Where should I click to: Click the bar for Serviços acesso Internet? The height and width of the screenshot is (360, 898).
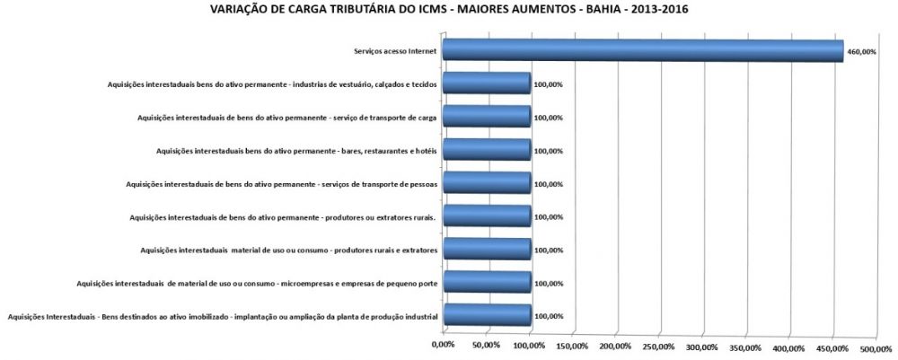[x=642, y=51]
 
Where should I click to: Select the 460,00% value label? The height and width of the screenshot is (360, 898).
[x=861, y=52]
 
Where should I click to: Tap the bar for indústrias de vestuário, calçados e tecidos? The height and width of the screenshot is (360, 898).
[x=487, y=84]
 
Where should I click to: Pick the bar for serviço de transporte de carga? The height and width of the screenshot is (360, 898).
[x=487, y=118]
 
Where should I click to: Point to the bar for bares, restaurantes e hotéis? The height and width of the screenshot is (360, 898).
[x=487, y=151]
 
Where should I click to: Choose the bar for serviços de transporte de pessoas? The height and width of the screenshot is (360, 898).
[x=487, y=184]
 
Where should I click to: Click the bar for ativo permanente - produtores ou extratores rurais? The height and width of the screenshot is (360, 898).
[x=487, y=217]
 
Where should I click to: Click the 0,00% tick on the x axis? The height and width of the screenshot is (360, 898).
[x=443, y=345]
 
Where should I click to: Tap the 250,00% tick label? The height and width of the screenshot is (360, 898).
[x=658, y=347]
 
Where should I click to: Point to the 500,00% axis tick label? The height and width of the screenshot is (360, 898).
[x=876, y=347]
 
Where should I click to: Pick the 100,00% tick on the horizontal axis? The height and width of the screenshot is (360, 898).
[x=529, y=346]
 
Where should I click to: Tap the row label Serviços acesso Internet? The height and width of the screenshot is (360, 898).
[x=396, y=52]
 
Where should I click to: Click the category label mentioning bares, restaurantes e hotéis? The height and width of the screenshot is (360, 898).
[x=296, y=151]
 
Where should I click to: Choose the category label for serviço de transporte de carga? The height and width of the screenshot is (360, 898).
[x=287, y=118]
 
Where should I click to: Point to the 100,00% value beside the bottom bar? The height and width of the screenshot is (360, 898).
[x=548, y=316]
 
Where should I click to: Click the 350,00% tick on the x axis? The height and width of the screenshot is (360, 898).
[x=745, y=347]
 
